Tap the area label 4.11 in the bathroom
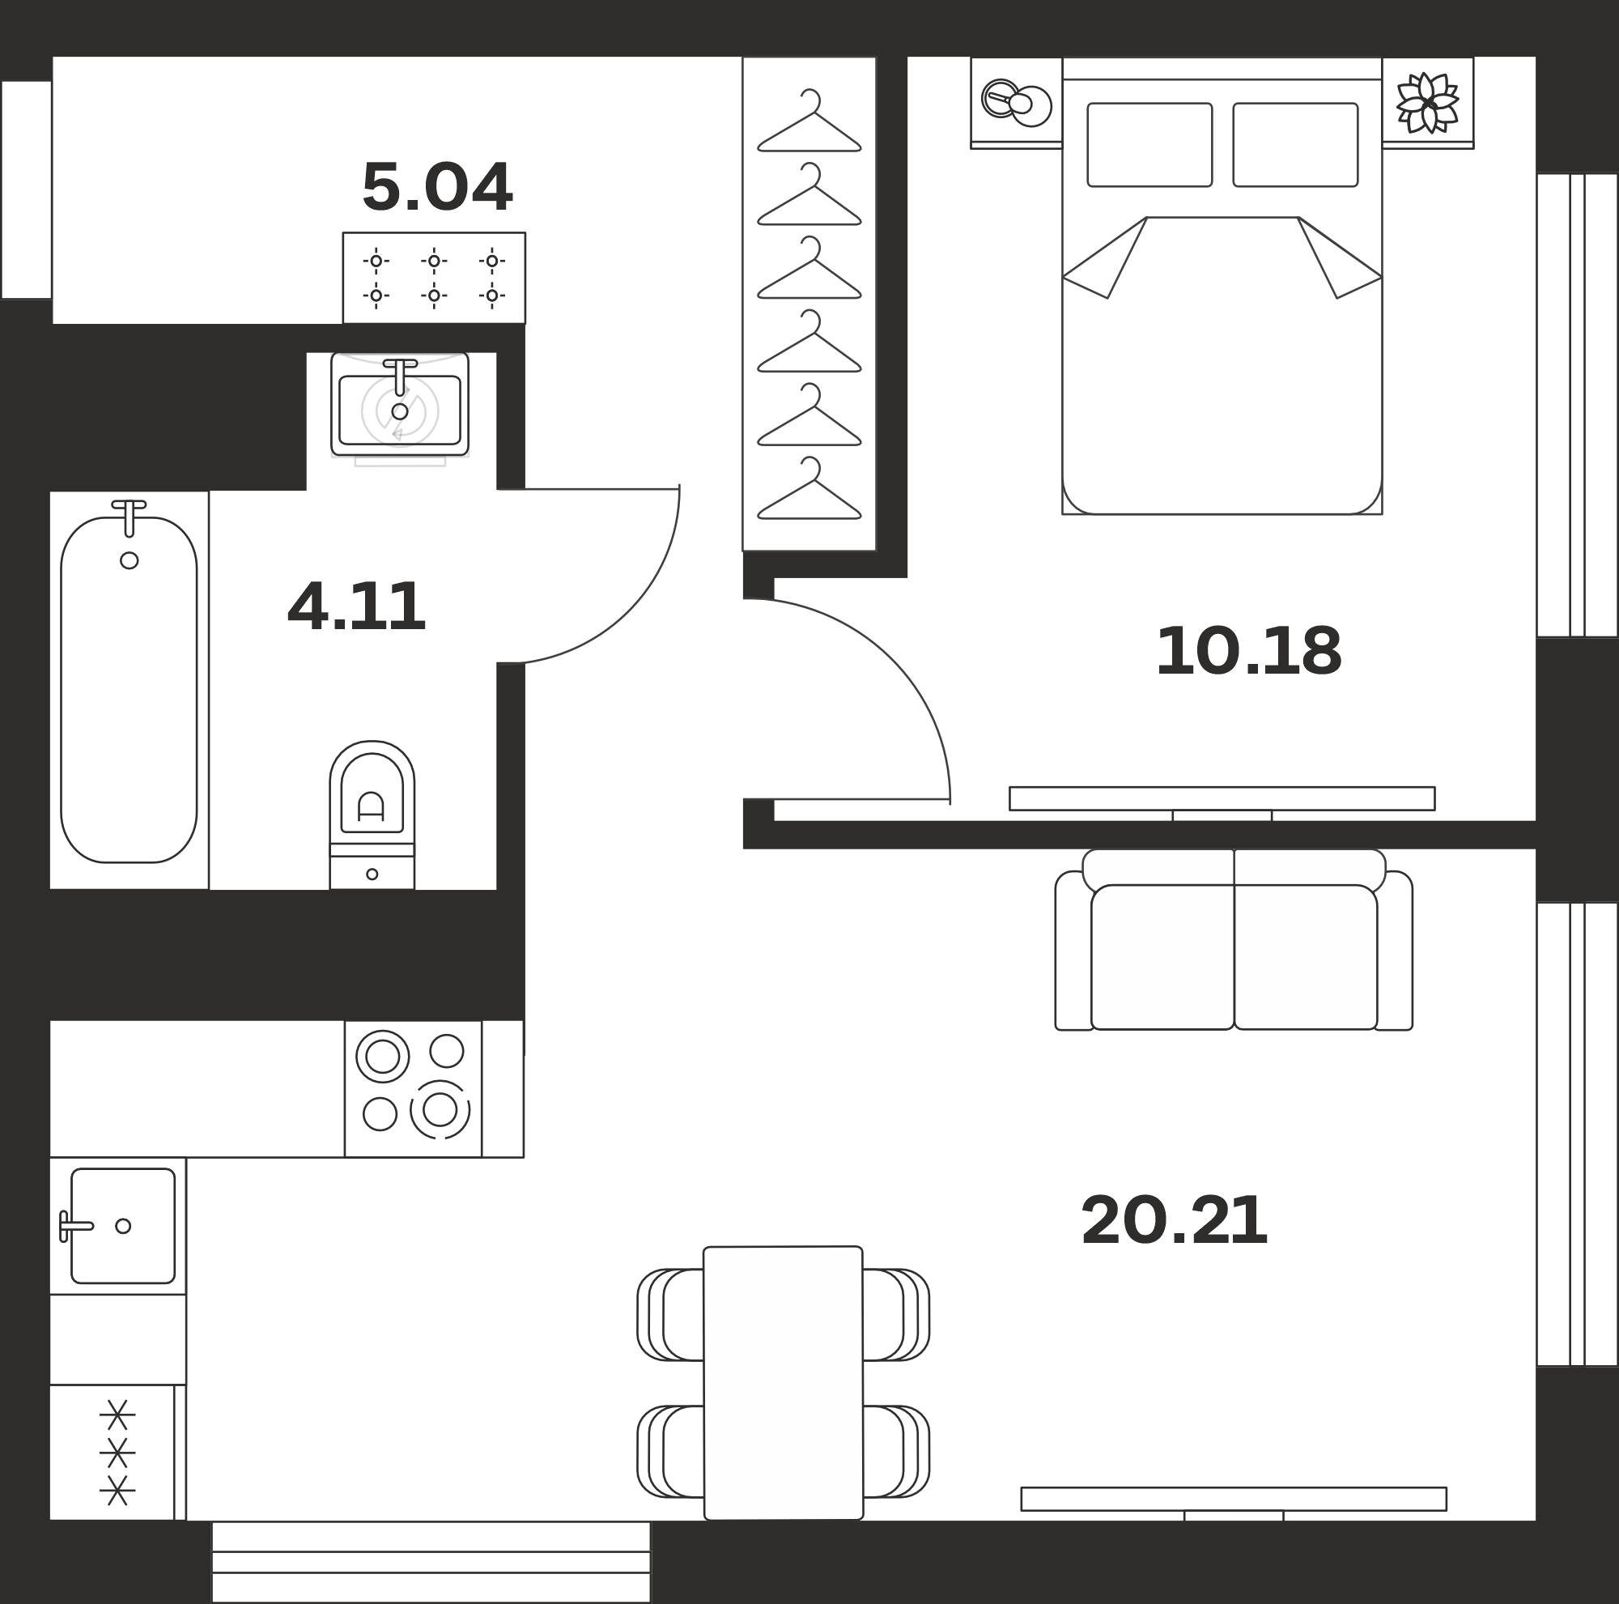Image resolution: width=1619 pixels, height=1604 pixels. (x=356, y=606)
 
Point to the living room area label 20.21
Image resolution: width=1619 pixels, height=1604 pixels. (x=1174, y=1220)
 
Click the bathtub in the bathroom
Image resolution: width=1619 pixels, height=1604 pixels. (x=129, y=689)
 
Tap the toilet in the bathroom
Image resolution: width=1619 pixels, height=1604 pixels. (x=372, y=815)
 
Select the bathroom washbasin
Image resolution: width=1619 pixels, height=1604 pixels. (x=400, y=405)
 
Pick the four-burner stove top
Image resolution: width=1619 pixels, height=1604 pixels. (x=413, y=1088)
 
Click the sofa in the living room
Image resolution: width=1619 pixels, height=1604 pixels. (x=1234, y=939)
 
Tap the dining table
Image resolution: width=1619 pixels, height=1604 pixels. (x=784, y=1383)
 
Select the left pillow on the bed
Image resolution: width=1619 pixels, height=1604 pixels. (x=1149, y=145)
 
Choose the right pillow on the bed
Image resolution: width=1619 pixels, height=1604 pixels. (x=1295, y=145)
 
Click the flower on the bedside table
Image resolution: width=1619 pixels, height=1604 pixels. (x=1428, y=103)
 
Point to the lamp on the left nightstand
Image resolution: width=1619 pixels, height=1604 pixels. (x=1016, y=102)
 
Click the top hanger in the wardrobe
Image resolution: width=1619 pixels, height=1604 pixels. (x=809, y=121)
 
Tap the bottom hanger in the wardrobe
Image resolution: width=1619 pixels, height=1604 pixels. (x=809, y=487)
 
